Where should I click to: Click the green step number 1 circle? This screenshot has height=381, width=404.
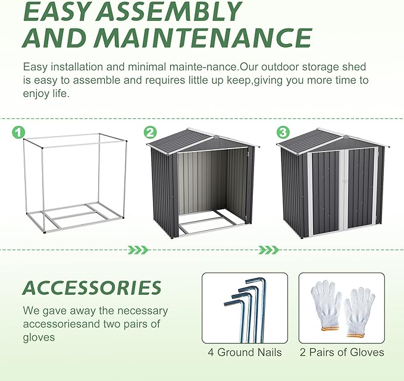pyautogui.click(x=18, y=133)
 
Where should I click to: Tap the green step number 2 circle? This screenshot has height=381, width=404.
pyautogui.click(x=150, y=133)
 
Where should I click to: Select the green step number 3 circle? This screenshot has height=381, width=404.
pyautogui.click(x=283, y=133)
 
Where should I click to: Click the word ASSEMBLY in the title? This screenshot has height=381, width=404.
pyautogui.click(x=170, y=11)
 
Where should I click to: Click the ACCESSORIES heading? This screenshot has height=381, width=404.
pyautogui.click(x=92, y=288)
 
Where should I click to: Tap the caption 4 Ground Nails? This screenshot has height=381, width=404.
pyautogui.click(x=245, y=352)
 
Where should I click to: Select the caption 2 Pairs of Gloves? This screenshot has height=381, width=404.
pyautogui.click(x=342, y=352)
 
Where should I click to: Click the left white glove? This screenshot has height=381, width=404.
pyautogui.click(x=326, y=305)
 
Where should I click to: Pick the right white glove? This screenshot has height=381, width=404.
pyautogui.click(x=359, y=312)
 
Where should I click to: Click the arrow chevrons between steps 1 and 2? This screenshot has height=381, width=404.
pyautogui.click(x=138, y=250)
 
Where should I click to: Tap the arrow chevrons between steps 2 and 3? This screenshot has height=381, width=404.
pyautogui.click(x=268, y=250)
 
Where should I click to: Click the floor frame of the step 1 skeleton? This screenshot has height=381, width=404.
pyautogui.click(x=75, y=217)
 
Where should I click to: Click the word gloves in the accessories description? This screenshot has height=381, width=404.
pyautogui.click(x=39, y=338)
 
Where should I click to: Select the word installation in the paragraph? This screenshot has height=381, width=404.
pyautogui.click(x=77, y=67)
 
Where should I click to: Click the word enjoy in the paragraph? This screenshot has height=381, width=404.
pyautogui.click(x=36, y=94)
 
